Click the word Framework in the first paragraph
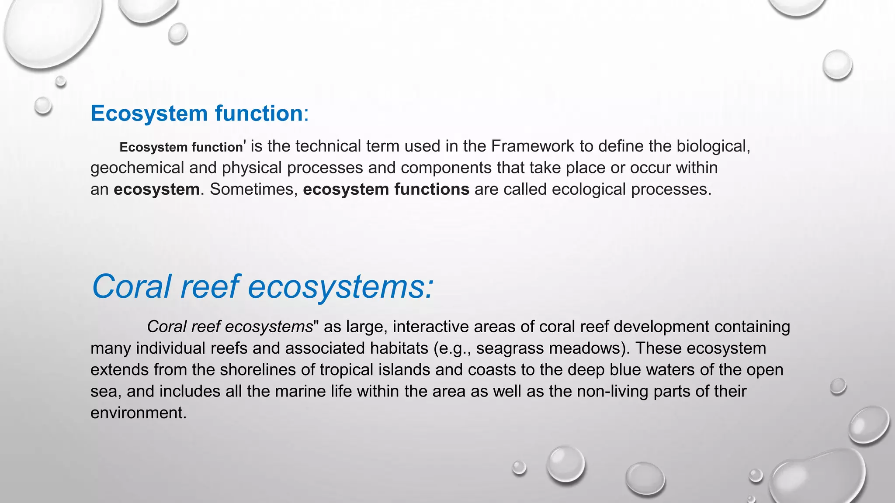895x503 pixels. pos(532,146)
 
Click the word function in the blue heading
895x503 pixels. pos(259,114)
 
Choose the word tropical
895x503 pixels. pos(346,370)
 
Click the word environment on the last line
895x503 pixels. pos(138,413)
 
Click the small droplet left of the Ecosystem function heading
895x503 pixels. pos(43,106)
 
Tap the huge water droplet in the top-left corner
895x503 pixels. pos(52,31)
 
